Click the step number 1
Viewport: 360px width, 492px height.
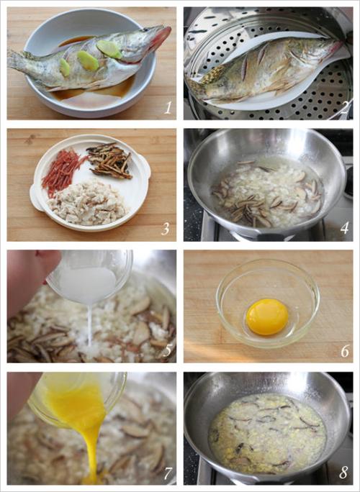point(168,108)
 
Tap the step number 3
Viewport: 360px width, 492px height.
point(166,229)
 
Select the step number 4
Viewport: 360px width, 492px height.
point(345,228)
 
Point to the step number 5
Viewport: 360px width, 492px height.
point(168,350)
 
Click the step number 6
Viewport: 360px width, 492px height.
point(345,351)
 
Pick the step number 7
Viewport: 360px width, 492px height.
point(168,473)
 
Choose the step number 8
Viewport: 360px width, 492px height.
point(344,473)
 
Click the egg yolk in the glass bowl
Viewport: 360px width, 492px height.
point(267,317)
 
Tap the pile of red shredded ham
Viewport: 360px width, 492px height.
point(62,170)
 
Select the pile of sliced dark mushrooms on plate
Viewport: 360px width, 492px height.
point(109,160)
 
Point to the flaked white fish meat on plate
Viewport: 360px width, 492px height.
point(87,201)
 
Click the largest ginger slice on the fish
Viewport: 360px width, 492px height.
point(109,49)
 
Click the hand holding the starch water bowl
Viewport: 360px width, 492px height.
point(29,273)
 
